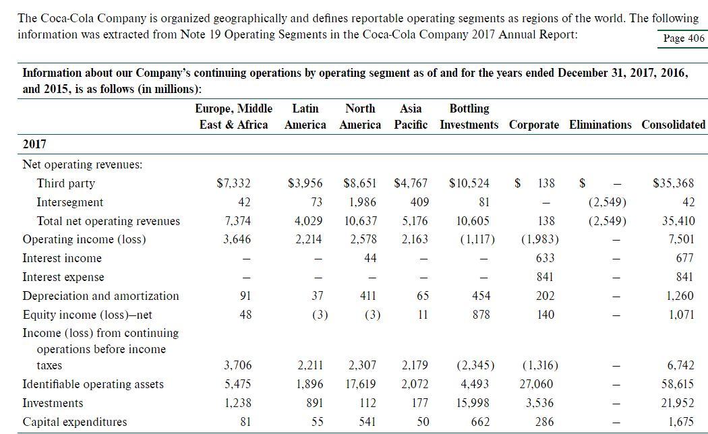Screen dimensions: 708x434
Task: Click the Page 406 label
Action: (684, 39)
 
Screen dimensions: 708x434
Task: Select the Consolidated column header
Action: (673, 125)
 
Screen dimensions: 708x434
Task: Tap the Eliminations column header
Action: (600, 125)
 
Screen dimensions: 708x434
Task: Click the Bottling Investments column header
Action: (469, 117)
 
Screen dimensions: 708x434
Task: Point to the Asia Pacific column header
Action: (411, 117)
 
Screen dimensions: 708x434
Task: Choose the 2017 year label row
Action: (34, 144)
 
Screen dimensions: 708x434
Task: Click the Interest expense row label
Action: (63, 277)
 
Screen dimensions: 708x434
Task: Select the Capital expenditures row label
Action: (75, 422)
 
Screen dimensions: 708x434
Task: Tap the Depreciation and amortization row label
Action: (100, 296)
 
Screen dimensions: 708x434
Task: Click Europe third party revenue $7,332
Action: (233, 183)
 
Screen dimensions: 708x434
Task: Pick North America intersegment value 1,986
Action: (363, 202)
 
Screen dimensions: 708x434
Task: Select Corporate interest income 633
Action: (545, 258)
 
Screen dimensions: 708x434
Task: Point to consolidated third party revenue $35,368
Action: (673, 183)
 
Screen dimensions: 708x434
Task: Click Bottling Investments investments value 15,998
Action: (473, 403)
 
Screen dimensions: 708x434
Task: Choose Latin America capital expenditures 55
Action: (318, 422)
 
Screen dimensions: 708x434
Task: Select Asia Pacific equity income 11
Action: (423, 315)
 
